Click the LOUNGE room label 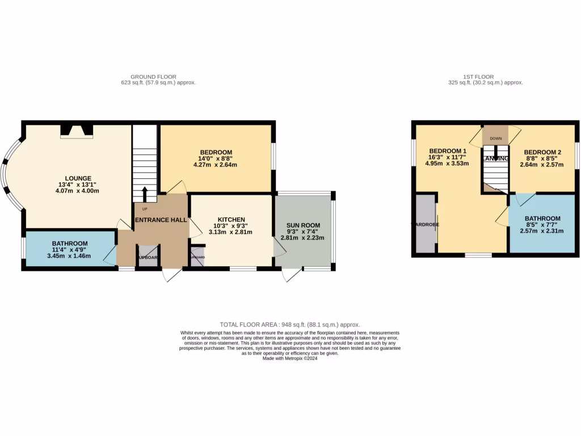[x=78, y=178]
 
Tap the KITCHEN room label [x=231, y=220]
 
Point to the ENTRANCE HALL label [x=161, y=220]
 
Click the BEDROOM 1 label [x=448, y=151]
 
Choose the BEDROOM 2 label [x=542, y=152]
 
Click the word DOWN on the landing [x=495, y=138]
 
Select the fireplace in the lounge [x=77, y=131]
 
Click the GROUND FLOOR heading [x=153, y=77]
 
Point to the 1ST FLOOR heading [x=478, y=77]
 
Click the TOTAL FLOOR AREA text [x=290, y=325]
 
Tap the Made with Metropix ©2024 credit [x=290, y=358]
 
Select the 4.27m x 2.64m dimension [x=215, y=165]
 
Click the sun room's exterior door [x=292, y=275]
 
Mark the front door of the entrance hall [x=171, y=275]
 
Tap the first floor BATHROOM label [x=542, y=219]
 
